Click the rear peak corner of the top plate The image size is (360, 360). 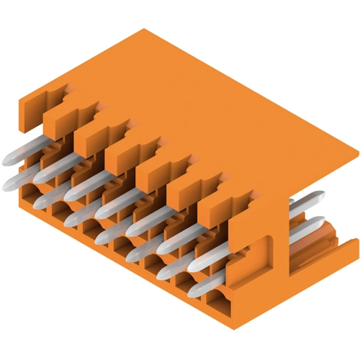[x=144, y=29]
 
